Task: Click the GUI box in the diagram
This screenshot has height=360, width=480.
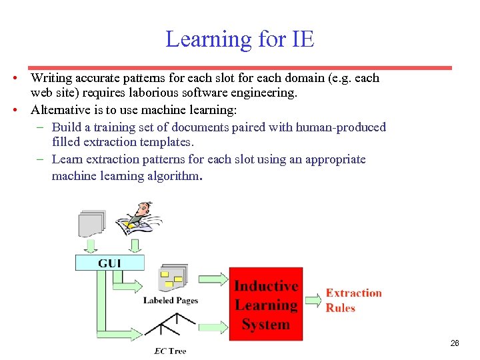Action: coord(109,263)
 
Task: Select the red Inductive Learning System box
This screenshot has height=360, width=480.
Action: coord(265,305)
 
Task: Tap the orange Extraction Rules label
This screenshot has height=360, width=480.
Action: coord(353,300)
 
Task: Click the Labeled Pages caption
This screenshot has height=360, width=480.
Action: coord(171,301)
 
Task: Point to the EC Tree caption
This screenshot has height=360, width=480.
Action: coord(170,351)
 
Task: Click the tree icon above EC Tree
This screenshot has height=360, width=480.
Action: coord(171,327)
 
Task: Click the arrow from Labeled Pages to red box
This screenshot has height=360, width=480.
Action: coord(213,280)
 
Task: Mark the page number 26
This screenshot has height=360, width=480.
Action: coord(455,343)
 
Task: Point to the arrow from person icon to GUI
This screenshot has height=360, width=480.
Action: coord(135,246)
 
